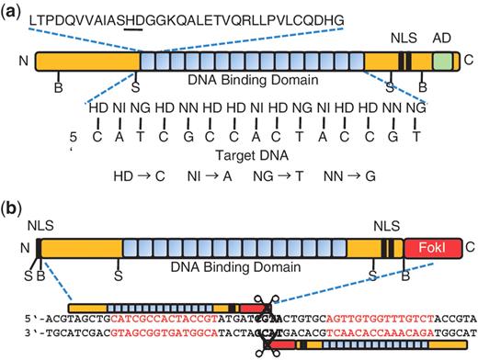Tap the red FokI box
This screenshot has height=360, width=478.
(x=438, y=248)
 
